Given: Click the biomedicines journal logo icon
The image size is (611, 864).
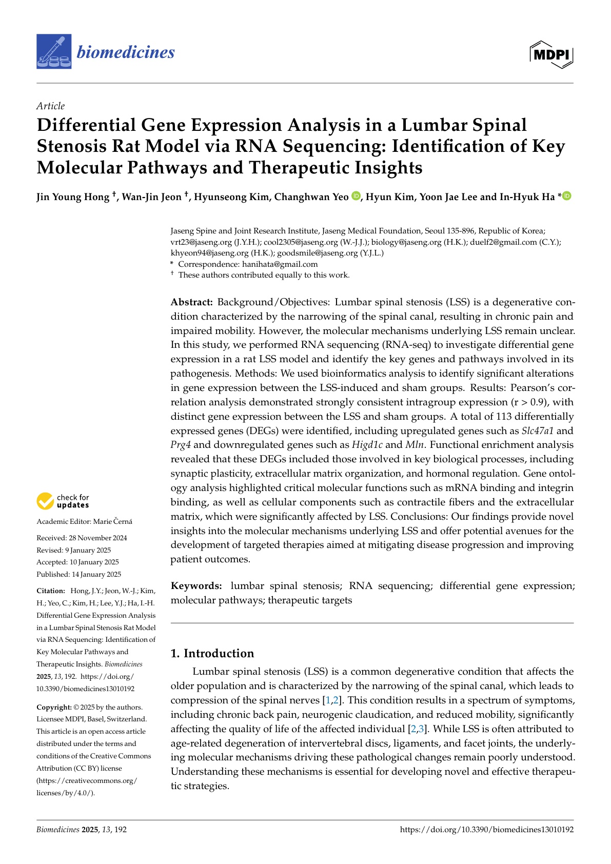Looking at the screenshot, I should [54, 52].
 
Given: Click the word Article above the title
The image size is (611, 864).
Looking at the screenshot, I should [50, 106].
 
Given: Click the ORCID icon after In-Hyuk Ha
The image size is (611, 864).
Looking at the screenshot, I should [567, 196].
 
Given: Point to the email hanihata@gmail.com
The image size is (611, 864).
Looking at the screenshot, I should [280, 264].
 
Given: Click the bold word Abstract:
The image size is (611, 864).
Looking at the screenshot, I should [191, 302].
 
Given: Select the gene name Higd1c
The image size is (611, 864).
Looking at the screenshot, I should [367, 445].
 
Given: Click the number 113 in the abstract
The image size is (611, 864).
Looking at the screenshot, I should [504, 416].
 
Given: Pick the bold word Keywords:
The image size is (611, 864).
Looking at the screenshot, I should [196, 586].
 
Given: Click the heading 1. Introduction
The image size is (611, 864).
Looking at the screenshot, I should [212, 653].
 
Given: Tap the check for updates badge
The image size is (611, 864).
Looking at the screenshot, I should [63, 501].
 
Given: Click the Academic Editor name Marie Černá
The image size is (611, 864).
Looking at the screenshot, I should [112, 521].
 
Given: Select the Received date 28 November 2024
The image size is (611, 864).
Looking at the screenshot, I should [98, 538].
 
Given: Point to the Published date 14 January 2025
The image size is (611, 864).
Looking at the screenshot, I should [96, 574].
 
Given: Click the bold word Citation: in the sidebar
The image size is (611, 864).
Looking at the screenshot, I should [51, 591].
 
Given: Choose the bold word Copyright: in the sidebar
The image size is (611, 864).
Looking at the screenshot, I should [54, 707].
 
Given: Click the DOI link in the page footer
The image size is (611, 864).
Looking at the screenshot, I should [486, 829].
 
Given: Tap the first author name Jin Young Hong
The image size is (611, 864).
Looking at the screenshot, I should [73, 197].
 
